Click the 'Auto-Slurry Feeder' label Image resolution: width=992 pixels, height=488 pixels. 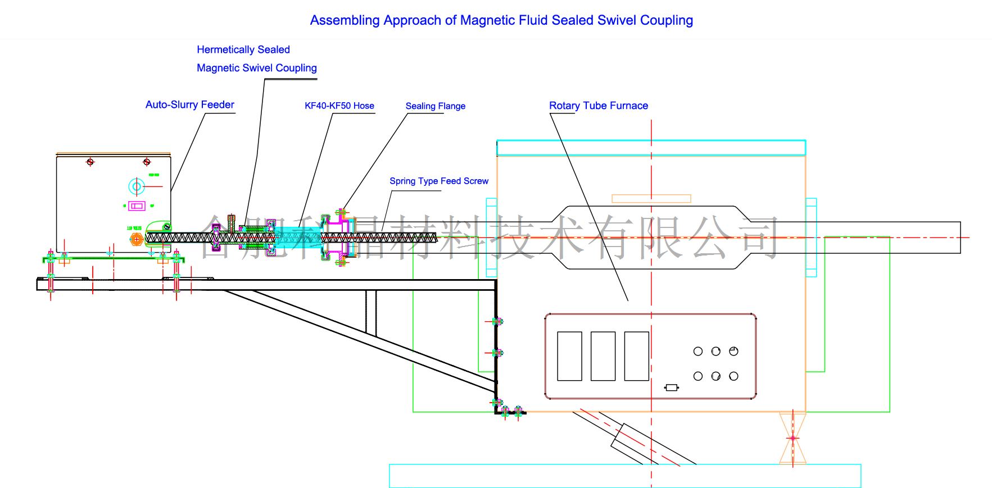pos(189,104)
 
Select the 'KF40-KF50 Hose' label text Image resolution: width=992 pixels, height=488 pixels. pos(339,106)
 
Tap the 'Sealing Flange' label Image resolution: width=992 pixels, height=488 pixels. pos(435,106)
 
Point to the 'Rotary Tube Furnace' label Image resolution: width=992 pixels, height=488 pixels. pos(598,106)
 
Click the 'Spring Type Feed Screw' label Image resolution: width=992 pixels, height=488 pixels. pos(438,181)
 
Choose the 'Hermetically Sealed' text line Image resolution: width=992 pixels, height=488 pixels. pos(243,49)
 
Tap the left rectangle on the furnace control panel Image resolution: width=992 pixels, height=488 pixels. pos(569,356)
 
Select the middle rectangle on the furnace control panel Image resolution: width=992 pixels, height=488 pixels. pos(603,356)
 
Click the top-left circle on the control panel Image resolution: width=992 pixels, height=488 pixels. pos(698,352)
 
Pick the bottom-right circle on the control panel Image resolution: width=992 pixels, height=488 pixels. pos(733,376)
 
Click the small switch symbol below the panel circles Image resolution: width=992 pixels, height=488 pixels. pos(671,387)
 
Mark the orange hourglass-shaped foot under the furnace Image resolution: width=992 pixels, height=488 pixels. pos(792,438)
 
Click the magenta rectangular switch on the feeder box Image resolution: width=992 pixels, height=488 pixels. pos(137,206)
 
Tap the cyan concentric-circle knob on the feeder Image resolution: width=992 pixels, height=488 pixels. pos(137,186)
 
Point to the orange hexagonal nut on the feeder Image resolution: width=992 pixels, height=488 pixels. pos(137,240)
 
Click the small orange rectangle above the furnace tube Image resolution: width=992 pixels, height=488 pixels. pos(651,198)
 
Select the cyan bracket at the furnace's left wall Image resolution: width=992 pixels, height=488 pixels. pos(491,238)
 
